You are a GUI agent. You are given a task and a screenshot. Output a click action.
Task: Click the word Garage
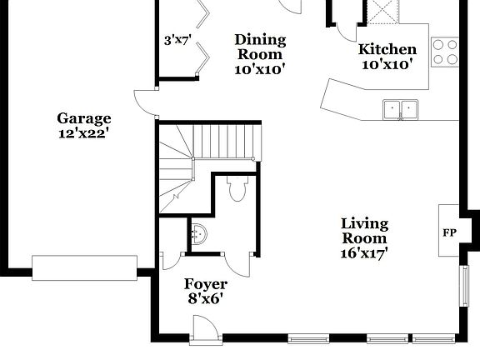[x=83, y=118]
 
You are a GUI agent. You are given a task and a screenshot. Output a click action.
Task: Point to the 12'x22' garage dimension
[x=83, y=132]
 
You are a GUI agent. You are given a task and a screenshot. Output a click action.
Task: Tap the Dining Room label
[x=260, y=47]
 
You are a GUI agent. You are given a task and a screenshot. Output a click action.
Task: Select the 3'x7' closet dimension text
[x=177, y=39]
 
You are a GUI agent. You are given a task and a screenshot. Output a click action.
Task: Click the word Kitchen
[x=387, y=49]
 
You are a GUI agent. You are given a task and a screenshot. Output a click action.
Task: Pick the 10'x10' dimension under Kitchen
[x=387, y=64]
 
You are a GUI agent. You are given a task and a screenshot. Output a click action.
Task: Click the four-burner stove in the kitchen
[x=445, y=52]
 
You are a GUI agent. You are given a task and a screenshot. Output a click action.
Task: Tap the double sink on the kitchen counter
[x=401, y=109]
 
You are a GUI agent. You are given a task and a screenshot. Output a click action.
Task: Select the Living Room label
[x=364, y=231]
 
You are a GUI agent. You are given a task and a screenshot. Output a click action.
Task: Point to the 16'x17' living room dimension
[x=364, y=252]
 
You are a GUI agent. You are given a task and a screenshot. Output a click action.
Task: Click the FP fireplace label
[x=449, y=231]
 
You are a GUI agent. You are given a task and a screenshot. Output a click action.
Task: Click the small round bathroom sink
[x=199, y=232]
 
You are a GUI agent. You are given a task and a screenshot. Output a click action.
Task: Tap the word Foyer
[x=205, y=283]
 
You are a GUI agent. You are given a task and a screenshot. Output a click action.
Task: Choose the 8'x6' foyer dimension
[x=205, y=297]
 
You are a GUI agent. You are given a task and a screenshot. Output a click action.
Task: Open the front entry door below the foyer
[x=205, y=333]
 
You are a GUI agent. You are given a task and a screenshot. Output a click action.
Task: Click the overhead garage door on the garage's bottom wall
[x=85, y=267]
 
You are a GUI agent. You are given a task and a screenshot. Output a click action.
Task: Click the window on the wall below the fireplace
[x=464, y=286]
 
